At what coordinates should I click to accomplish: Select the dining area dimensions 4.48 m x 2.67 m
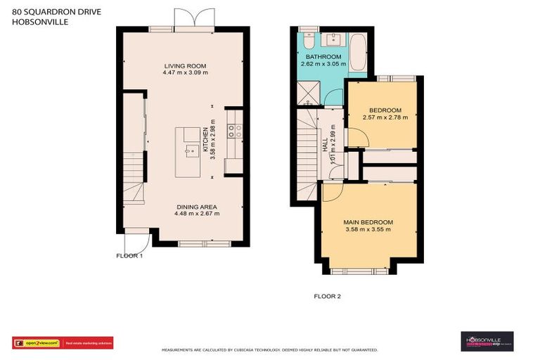coord(196,214)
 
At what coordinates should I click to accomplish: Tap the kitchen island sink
coord(190,150)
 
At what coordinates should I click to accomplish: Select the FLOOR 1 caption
coord(129,256)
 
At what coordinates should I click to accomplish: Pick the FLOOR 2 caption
coord(327,297)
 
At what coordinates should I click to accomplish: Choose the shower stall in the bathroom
coord(307,91)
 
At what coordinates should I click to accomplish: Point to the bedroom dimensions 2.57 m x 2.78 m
coord(385,117)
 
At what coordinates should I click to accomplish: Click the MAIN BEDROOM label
coord(368,222)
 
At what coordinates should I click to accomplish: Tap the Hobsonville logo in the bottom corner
coord(487,342)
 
